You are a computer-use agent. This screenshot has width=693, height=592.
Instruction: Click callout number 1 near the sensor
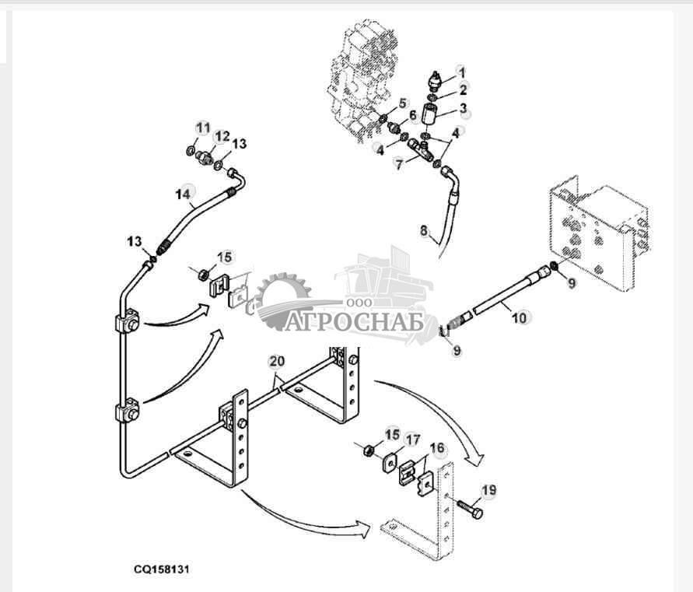pos(460,72)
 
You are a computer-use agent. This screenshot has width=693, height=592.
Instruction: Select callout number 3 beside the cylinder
pos(463,108)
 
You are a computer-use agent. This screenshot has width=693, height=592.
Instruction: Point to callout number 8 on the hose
pos(424,230)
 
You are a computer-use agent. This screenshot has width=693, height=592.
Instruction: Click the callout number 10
pos(520,317)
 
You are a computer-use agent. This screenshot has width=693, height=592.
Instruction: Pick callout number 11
pos(203,128)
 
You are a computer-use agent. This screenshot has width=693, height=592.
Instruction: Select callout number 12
pos(222,136)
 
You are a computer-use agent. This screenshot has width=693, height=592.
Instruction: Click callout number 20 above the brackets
pos(277,361)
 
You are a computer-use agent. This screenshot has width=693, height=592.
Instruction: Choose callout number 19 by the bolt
pos(488,490)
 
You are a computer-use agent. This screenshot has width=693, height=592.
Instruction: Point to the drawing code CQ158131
pos(161,569)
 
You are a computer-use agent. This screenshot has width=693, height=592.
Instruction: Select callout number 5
pos(402,103)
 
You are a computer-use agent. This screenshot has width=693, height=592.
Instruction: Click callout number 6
pos(413,116)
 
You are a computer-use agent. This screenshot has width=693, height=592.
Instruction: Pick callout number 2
pos(463,89)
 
